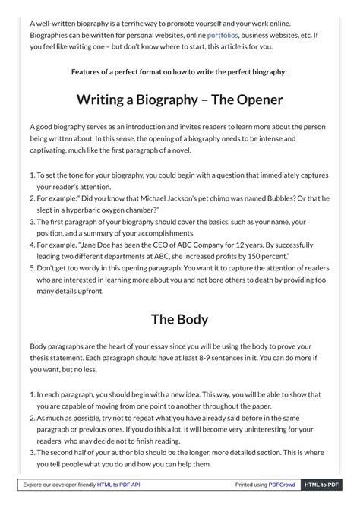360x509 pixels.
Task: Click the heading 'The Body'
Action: (179, 319)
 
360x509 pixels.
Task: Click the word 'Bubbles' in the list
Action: (278, 198)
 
